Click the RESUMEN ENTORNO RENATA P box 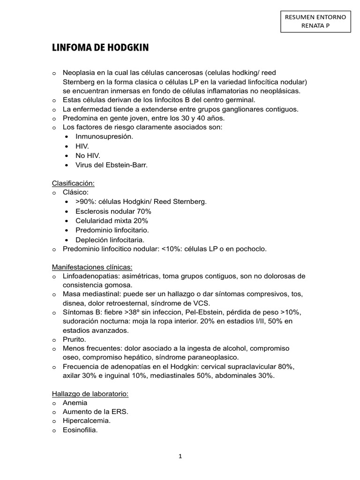point(315,22)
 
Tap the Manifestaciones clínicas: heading point(92,267)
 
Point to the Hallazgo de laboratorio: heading point(90,394)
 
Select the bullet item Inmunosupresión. point(104,136)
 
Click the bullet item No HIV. point(88,155)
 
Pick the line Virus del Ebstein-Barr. point(112,165)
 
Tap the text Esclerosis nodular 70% point(113,211)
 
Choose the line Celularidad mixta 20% point(112,220)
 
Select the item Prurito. point(75,339)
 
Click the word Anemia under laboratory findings point(75,403)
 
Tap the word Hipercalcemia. point(87,421)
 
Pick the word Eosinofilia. point(80,430)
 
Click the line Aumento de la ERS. point(96,412)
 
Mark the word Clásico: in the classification point(75,192)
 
